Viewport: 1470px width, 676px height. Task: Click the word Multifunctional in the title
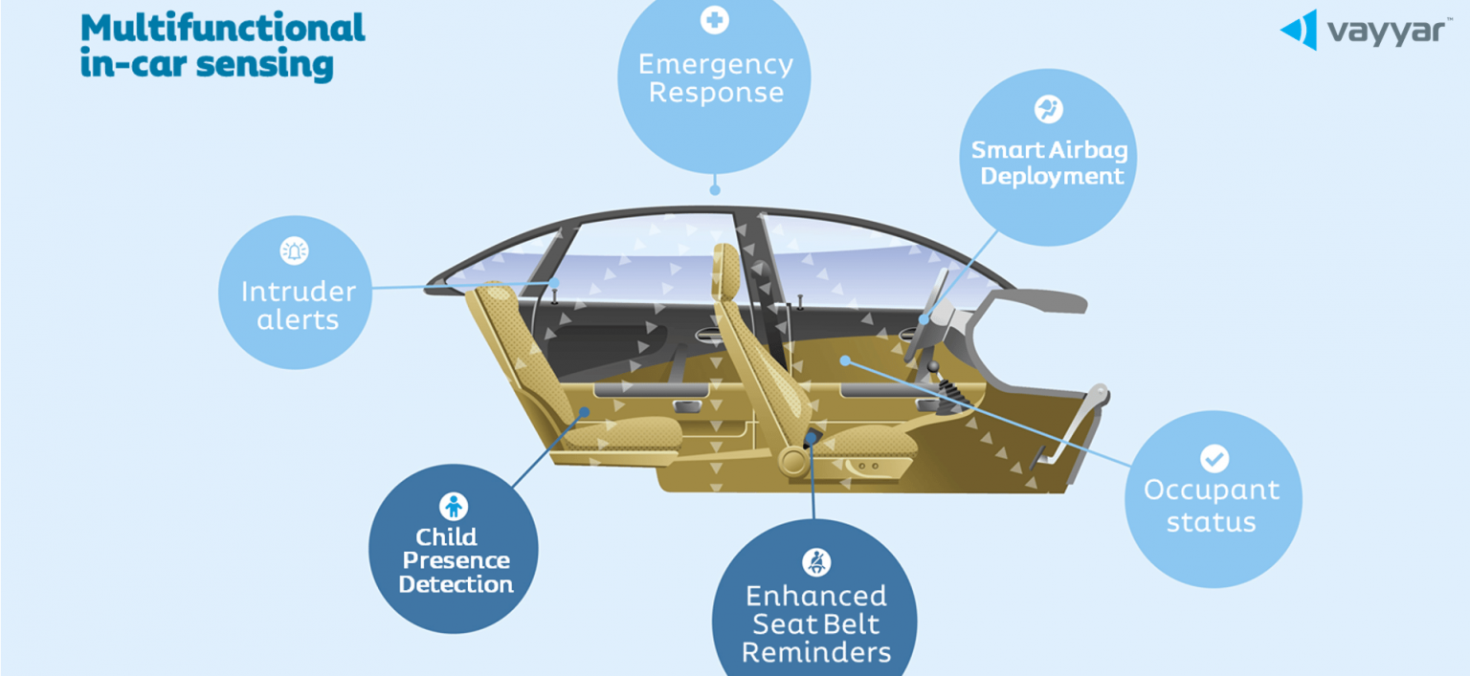coord(222,28)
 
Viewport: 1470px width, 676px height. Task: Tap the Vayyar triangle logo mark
coord(1300,30)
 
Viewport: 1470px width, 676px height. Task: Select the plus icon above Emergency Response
coord(715,20)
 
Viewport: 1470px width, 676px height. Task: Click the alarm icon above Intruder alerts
coord(294,251)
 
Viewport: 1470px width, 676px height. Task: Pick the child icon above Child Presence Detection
coord(454,506)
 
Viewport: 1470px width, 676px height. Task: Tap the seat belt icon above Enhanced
coord(816,562)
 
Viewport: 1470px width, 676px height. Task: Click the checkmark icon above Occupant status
coord(1214,458)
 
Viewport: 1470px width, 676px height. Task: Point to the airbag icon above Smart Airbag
coord(1049,109)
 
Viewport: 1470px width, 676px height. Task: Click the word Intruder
coord(299,292)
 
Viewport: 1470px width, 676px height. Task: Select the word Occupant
coord(1212,491)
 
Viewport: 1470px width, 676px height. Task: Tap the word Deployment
coord(1052,177)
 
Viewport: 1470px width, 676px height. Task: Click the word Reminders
coord(816,652)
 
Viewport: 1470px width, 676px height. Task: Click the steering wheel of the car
coord(927,315)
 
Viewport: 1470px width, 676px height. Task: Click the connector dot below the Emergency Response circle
coord(715,190)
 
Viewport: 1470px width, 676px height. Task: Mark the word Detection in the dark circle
coord(457,584)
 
